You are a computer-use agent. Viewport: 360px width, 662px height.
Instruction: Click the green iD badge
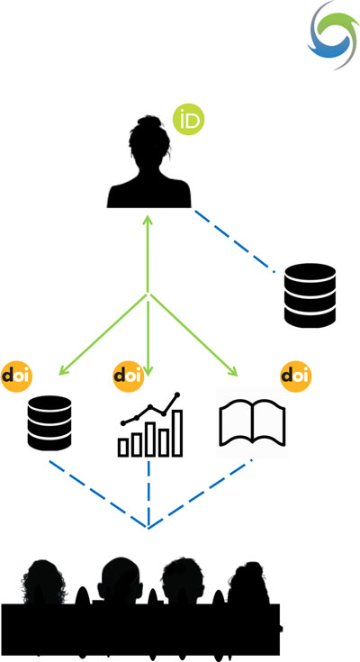(x=189, y=120)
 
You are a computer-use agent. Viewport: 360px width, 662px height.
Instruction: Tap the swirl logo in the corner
(x=333, y=35)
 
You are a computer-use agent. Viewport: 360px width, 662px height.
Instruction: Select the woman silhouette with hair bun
(x=148, y=161)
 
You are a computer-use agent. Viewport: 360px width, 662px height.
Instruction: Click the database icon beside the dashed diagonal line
(x=310, y=295)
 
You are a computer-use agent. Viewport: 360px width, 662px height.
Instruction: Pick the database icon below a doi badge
(x=49, y=422)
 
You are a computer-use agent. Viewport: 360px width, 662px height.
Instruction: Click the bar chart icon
(x=150, y=424)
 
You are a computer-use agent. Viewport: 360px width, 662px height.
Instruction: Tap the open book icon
(x=252, y=423)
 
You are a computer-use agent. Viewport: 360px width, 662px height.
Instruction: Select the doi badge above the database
(x=16, y=376)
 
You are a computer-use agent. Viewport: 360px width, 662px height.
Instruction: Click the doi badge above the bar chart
(x=129, y=376)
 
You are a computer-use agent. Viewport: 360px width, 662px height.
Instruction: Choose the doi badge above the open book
(x=296, y=376)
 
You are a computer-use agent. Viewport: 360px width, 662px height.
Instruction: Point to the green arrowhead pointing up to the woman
(x=148, y=221)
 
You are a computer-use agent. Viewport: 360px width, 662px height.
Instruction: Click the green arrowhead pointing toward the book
(x=232, y=371)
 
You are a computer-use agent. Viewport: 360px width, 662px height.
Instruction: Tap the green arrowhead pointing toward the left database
(x=64, y=370)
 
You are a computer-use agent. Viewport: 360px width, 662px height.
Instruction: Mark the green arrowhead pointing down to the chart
(x=148, y=371)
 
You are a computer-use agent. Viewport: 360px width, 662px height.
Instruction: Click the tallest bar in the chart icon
(x=177, y=432)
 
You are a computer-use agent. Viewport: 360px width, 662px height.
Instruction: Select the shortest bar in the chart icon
(x=123, y=448)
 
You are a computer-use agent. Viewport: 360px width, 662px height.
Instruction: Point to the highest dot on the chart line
(x=177, y=394)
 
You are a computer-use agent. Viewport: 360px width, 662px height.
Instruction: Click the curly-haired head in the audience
(x=44, y=583)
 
